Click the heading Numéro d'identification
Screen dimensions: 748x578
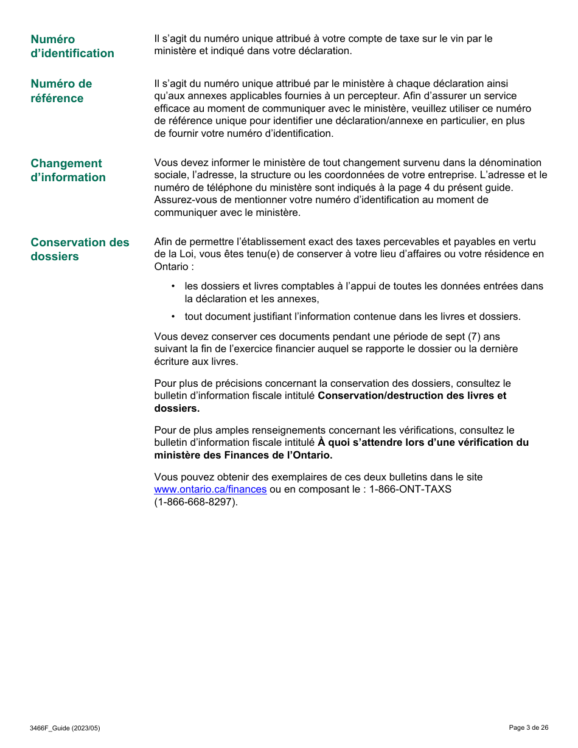click(72, 46)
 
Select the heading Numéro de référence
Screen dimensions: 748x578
click(61, 91)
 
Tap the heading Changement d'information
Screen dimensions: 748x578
click(68, 170)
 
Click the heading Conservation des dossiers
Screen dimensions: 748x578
click(80, 249)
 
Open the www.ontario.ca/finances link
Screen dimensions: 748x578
click(210, 489)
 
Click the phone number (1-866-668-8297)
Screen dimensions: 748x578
click(196, 502)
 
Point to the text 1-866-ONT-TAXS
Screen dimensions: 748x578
click(410, 489)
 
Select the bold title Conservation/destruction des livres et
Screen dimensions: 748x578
click(411, 396)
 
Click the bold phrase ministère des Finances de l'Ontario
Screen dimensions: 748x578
click(243, 455)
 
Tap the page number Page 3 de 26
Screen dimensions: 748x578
click(528, 727)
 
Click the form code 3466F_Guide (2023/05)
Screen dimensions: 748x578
click(64, 728)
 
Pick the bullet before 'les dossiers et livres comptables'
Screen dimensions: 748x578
click(173, 286)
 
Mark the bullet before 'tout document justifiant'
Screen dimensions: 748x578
click(173, 317)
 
